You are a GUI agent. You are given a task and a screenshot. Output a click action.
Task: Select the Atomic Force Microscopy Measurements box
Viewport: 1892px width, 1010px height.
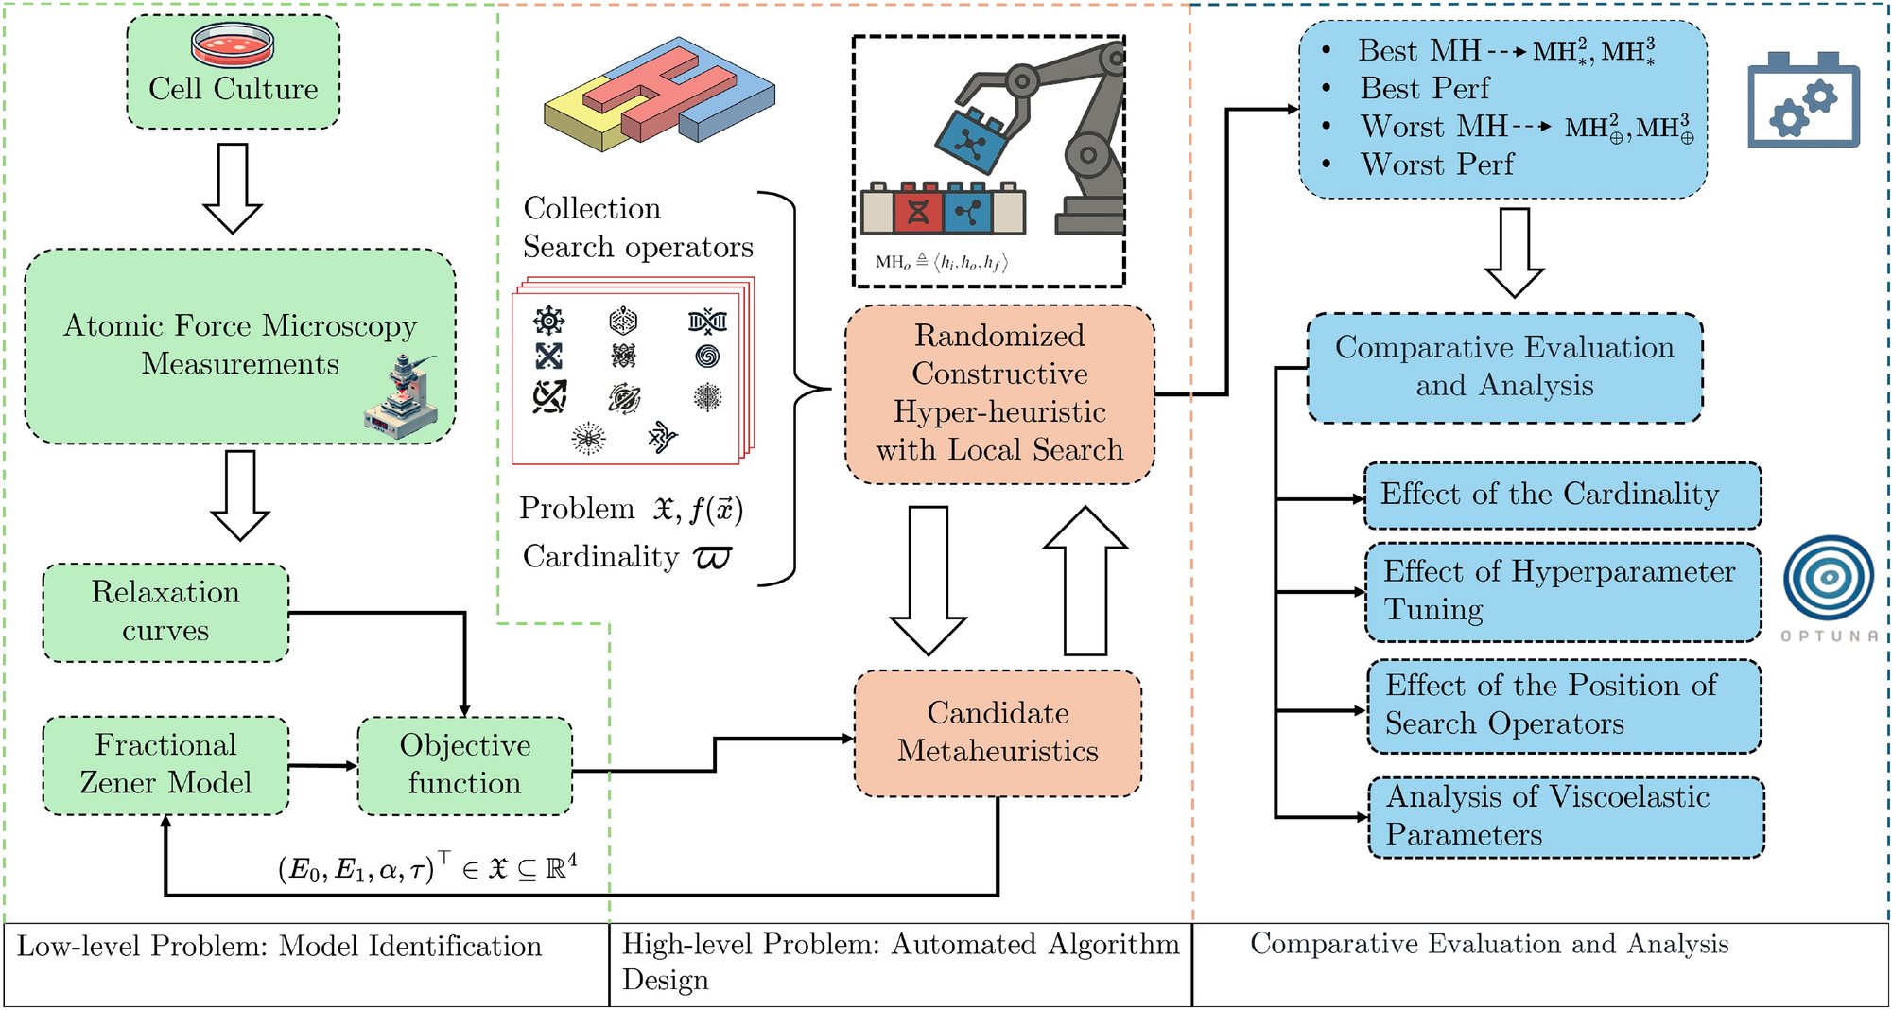pos(239,345)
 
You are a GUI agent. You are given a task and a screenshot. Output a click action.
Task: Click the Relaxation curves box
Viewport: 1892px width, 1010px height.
pos(165,612)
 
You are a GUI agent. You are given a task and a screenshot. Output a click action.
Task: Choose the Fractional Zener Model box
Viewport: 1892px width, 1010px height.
pos(165,764)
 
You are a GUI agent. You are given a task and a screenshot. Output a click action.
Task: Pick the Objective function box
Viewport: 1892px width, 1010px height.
pos(464,764)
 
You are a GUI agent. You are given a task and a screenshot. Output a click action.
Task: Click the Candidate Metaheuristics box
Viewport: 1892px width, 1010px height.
pos(998,733)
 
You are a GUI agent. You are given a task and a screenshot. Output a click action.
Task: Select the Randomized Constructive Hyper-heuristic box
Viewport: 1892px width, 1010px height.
pos(999,393)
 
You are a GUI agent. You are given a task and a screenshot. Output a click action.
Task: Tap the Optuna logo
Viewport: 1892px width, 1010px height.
pos(1829,579)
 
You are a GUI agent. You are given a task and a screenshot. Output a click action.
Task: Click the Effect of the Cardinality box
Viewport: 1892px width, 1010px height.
pos(1562,495)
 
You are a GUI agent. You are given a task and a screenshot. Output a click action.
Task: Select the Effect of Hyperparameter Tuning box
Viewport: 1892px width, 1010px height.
pos(1562,591)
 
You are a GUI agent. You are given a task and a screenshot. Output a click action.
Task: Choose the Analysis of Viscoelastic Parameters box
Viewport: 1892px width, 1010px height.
pos(1565,816)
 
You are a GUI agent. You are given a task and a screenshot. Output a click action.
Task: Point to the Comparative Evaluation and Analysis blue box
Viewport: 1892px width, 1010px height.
pos(1504,367)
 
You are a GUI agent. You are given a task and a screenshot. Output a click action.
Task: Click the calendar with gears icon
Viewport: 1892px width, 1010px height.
pos(1803,101)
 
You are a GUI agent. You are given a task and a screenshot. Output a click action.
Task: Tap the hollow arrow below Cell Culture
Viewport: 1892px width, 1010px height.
pos(233,187)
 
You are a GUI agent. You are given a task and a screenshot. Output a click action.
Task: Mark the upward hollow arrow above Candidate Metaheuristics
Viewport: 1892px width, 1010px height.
pos(1085,581)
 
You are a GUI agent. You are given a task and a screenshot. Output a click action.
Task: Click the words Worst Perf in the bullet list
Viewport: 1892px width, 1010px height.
pos(1437,165)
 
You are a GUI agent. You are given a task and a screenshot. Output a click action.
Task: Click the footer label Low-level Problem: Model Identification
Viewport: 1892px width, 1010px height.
pos(280,947)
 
